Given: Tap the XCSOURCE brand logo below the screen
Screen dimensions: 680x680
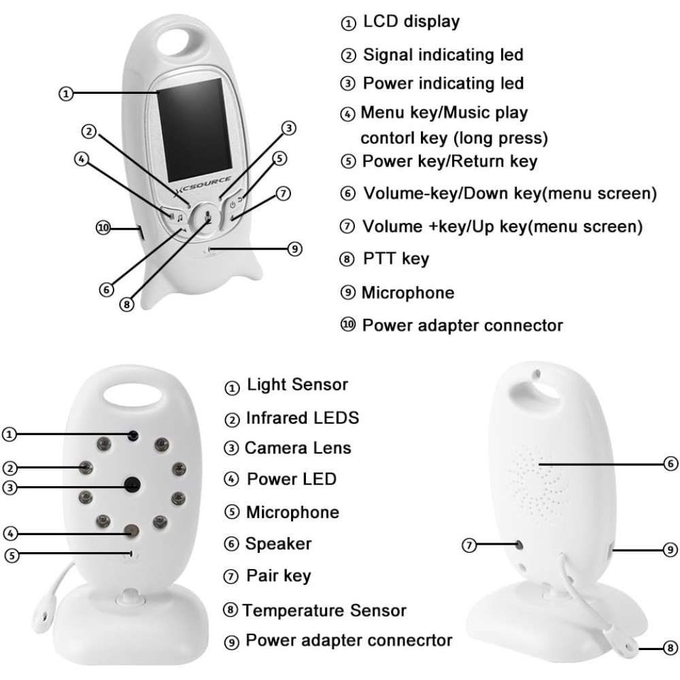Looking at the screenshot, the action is pyautogui.click(x=204, y=185).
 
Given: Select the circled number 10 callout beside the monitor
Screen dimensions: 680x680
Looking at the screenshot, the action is pyautogui.click(x=103, y=228).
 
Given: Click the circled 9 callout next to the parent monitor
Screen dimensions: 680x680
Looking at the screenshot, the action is pyautogui.click(x=295, y=249).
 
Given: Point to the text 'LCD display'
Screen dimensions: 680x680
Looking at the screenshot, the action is pyautogui.click(x=411, y=22).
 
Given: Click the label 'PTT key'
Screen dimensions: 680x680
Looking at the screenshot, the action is pyautogui.click(x=396, y=259).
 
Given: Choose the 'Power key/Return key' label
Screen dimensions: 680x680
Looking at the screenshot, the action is pyautogui.click(x=449, y=161).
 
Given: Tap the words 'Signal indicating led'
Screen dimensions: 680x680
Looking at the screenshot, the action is pyautogui.click(x=443, y=55).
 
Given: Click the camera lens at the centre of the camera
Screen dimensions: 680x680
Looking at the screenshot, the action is pyautogui.click(x=133, y=484).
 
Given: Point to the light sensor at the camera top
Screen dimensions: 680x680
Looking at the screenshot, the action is pyautogui.click(x=133, y=435).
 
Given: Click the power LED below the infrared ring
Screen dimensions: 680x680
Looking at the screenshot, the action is pyautogui.click(x=131, y=530).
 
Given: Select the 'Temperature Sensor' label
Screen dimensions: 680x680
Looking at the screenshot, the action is pyautogui.click(x=324, y=611).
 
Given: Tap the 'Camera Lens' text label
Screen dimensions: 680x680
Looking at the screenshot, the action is pyautogui.click(x=298, y=448).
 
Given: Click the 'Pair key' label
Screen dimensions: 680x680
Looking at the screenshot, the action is pyautogui.click(x=279, y=577).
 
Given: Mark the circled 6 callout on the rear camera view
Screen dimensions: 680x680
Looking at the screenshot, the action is pyautogui.click(x=670, y=464).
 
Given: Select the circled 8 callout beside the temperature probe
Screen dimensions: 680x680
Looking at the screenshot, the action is pyautogui.click(x=670, y=648).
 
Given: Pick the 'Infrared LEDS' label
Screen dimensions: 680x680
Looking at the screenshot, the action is pyautogui.click(x=303, y=418).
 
